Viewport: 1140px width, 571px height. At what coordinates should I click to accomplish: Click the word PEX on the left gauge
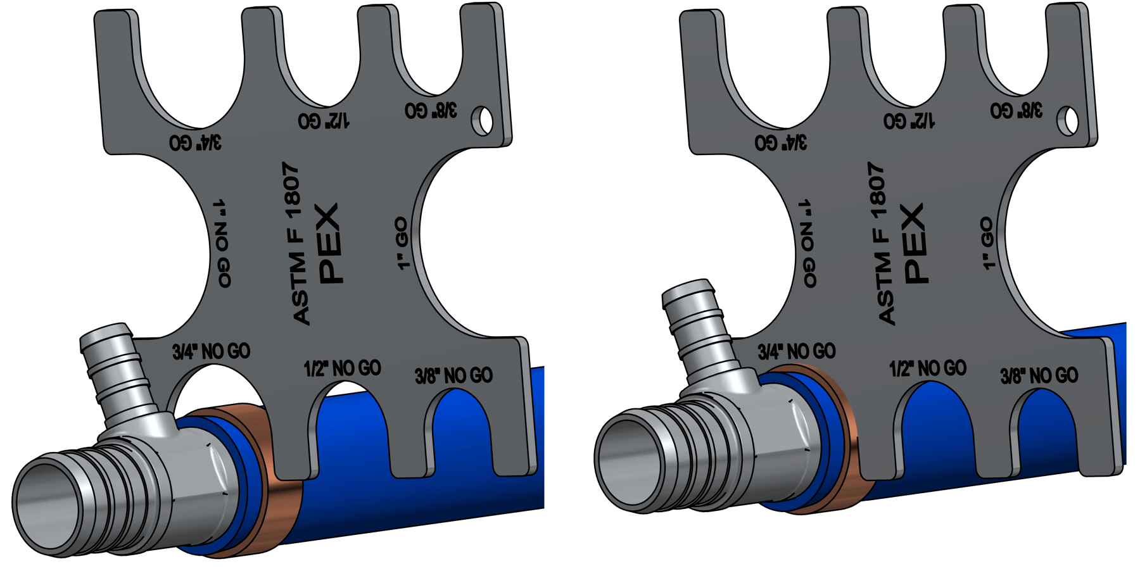tap(329, 244)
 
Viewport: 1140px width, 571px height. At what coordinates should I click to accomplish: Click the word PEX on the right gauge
tap(915, 244)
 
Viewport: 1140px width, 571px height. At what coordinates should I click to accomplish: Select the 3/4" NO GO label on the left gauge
tap(211, 352)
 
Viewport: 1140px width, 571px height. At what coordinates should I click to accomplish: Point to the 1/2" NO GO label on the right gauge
tap(928, 368)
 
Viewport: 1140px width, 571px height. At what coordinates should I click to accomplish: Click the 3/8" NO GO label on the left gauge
tap(453, 376)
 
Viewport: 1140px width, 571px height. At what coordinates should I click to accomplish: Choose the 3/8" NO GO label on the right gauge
tap(1039, 376)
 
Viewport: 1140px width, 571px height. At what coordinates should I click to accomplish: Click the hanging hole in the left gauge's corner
tap(485, 120)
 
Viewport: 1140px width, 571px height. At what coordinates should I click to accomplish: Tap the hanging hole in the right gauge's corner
tap(1070, 120)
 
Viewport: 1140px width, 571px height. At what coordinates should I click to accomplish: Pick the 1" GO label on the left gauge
tap(402, 244)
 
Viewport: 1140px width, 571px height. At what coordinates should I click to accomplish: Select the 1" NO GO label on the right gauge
tap(809, 244)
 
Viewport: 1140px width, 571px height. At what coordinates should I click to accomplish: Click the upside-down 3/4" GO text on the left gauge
tap(196, 142)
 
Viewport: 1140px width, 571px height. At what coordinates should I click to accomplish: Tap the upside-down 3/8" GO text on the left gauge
tap(431, 110)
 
